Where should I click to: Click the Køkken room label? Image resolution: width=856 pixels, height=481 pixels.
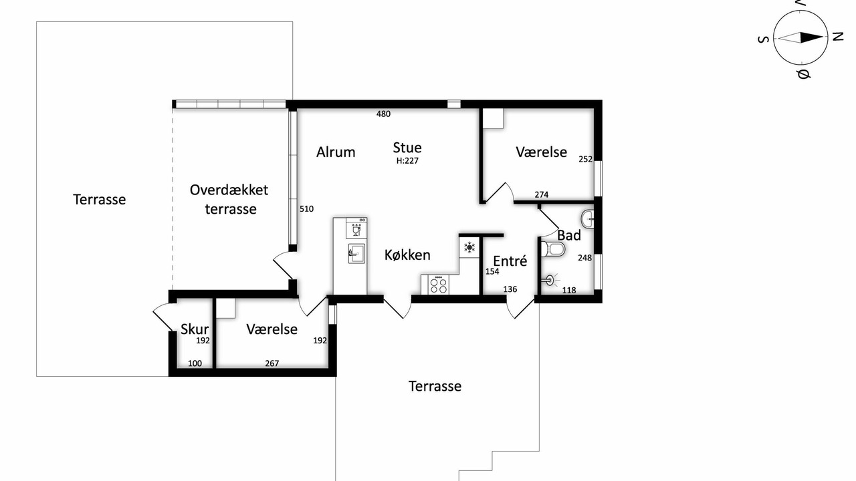point(407,255)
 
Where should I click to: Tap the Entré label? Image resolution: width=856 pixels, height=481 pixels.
point(510,261)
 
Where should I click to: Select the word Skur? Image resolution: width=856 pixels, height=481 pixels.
point(195,329)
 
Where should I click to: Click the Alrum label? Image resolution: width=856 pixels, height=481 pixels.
point(336,152)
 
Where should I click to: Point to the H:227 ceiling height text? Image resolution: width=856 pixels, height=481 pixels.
point(407,161)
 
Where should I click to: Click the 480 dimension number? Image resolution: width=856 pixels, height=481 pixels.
point(384,114)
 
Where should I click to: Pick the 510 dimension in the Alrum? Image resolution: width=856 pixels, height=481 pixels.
point(306,209)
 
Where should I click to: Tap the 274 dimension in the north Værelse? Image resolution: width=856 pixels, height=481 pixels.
point(542,194)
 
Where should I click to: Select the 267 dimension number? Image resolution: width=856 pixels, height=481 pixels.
point(272,363)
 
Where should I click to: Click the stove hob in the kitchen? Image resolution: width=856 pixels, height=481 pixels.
point(438,285)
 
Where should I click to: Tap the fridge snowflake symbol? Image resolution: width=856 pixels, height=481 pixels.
point(469,247)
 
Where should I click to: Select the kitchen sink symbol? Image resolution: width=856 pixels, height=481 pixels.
point(356,253)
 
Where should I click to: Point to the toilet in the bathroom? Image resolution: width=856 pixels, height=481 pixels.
point(553,249)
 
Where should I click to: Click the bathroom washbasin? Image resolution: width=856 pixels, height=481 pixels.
point(587,219)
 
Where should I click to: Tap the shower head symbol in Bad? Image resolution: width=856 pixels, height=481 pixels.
point(550,281)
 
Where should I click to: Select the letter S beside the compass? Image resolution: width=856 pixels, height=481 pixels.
point(763,39)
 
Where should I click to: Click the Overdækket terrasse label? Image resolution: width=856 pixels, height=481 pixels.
point(229,199)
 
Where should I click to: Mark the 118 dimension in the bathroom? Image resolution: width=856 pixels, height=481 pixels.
point(569,291)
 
